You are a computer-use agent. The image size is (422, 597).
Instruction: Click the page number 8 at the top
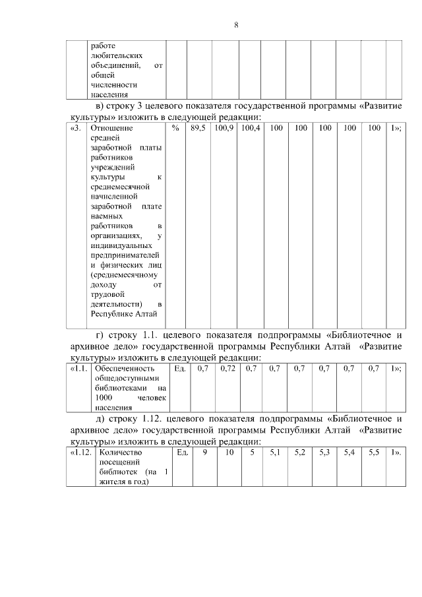236,25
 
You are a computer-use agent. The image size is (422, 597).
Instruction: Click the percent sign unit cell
175,127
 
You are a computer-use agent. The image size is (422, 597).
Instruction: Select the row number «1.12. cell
81,453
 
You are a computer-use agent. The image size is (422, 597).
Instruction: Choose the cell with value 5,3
324,453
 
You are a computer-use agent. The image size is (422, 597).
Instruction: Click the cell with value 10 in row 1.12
229,453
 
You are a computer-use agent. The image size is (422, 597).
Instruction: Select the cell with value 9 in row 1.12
205,453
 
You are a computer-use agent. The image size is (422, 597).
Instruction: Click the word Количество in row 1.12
121,453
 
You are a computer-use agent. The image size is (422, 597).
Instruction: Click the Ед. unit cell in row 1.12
183,453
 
